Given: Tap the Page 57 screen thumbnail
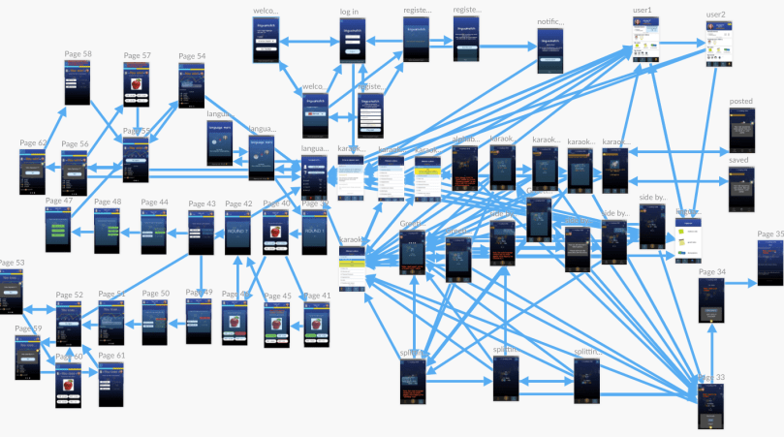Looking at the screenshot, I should [137, 84].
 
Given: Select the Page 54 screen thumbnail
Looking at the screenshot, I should [192, 84].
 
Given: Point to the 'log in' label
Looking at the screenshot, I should [349, 12].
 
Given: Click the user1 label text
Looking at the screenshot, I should [643, 11].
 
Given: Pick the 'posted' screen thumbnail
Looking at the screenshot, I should [741, 130].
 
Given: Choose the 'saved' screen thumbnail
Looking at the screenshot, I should [741, 188].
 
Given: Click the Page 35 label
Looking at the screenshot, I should [770, 234].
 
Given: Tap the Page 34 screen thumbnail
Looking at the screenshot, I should [712, 300].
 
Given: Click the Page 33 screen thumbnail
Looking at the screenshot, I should [712, 405].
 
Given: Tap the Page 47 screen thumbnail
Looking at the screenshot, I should [58, 230].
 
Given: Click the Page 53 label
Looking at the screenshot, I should [12, 263].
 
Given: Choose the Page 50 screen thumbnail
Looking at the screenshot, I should [156, 321].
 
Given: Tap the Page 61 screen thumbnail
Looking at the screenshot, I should [111, 384].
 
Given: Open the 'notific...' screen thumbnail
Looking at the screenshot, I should [550, 51].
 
